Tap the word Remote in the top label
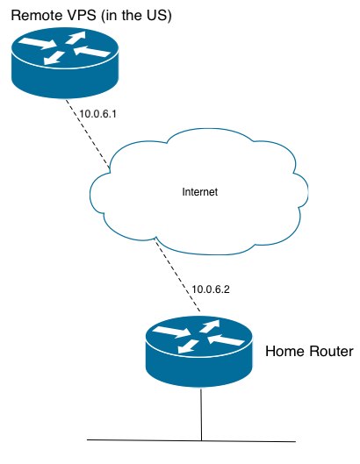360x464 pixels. (37, 17)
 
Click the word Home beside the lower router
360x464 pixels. (284, 352)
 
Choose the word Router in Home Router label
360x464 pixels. (329, 352)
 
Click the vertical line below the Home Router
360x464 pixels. (202, 412)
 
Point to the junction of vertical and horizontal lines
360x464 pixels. (202, 439)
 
